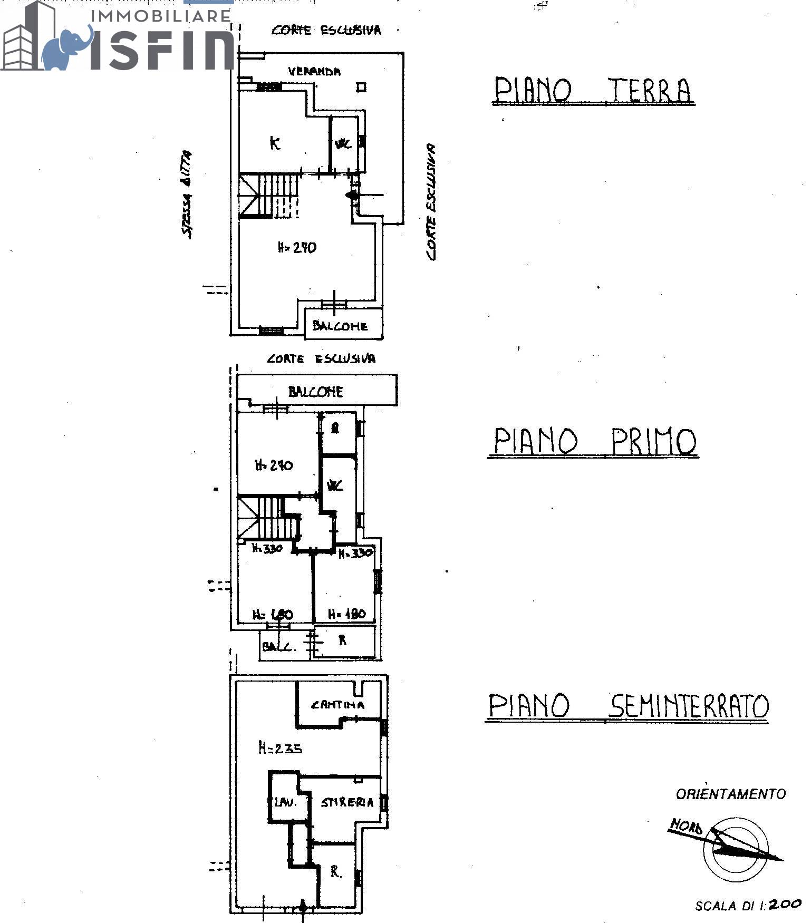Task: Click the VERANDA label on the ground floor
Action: point(314,71)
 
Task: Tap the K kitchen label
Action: point(275,143)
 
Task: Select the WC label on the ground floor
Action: point(343,143)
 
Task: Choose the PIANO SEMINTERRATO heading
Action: point(627,706)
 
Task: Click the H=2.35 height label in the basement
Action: point(280,747)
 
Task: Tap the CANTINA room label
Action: point(337,704)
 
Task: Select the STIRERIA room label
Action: point(347,802)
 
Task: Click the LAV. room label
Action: point(285,802)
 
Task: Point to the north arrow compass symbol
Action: point(736,848)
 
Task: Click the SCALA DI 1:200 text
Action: point(747,905)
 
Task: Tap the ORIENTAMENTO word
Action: point(730,793)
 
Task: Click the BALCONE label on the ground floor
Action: point(340,326)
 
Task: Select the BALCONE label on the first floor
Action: point(315,392)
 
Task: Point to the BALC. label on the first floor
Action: point(278,646)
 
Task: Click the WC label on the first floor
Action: point(335,485)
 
